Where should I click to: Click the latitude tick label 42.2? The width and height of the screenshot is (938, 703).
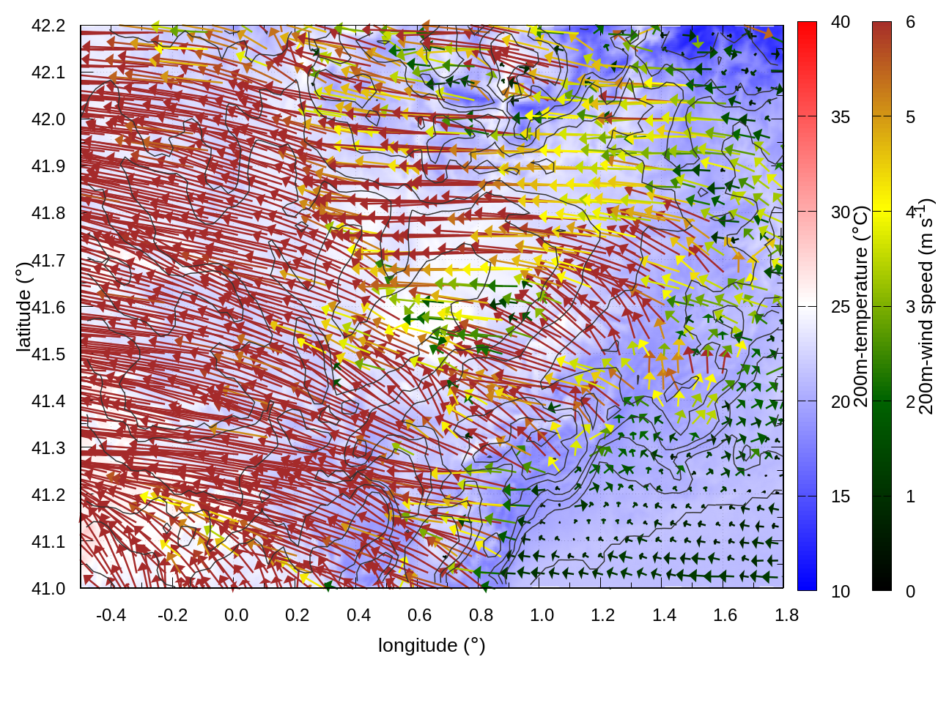pos(48,26)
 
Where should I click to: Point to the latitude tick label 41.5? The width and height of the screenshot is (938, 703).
pos(48,354)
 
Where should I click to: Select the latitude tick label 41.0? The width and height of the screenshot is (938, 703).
pos(48,589)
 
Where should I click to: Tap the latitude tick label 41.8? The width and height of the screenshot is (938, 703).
pos(48,213)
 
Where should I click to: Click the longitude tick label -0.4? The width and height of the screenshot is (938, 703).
pos(111,615)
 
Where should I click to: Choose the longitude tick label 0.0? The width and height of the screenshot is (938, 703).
pos(236,615)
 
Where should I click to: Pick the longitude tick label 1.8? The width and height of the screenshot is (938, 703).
pos(786,615)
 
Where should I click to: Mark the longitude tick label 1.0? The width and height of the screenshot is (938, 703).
pos(542,615)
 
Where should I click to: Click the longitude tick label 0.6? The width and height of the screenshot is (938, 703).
pos(419,615)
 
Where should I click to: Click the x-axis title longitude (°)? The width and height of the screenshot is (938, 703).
pos(432,645)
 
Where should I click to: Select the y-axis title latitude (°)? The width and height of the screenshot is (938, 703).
pos(23,306)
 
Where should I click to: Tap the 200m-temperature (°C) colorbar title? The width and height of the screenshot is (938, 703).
pos(861,306)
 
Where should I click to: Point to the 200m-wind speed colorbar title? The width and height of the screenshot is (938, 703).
pos(926,306)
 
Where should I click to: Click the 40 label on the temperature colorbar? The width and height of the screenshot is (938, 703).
pos(841,23)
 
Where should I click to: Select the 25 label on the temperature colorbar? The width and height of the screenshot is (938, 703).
pos(841,307)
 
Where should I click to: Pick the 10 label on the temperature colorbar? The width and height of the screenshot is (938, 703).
pos(841,592)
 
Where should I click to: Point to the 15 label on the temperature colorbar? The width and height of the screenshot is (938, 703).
pos(841,496)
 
